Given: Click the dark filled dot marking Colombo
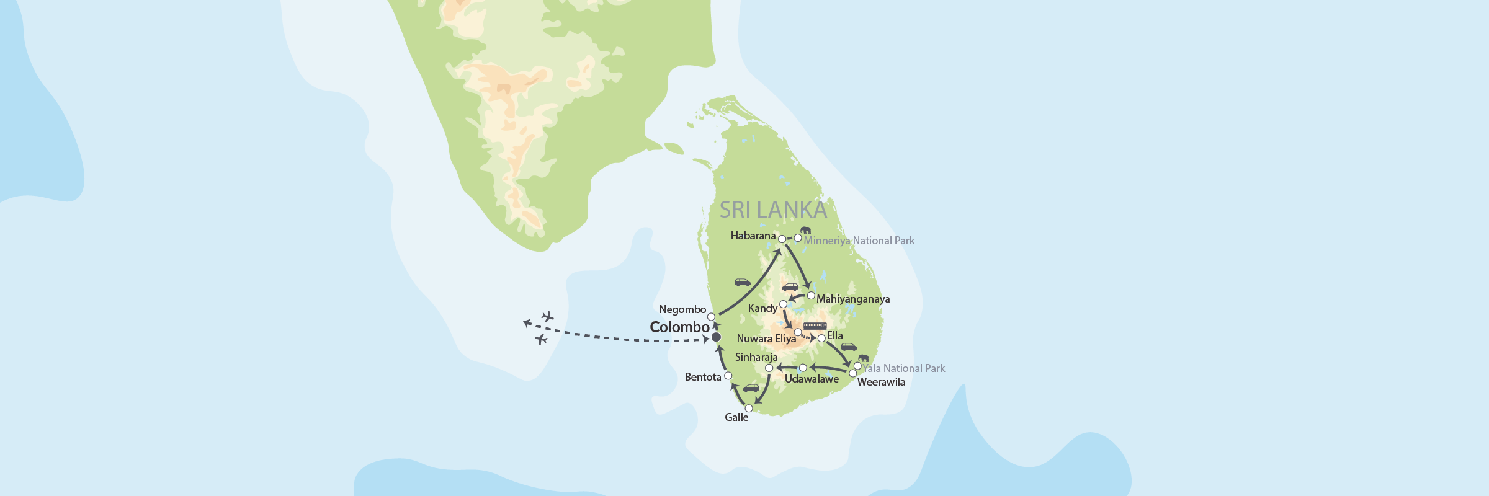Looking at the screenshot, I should tap(716, 337).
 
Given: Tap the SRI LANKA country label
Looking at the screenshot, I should tap(773, 210).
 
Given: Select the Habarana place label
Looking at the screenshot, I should tap(753, 236).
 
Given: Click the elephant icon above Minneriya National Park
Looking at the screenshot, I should tap(805, 230).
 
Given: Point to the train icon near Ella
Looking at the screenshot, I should tap(815, 326).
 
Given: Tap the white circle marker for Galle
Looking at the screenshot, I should tap(749, 408).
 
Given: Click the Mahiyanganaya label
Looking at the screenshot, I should tap(852, 299).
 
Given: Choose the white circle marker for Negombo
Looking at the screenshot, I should tap(711, 317).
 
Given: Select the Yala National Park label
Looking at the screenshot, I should tap(904, 368).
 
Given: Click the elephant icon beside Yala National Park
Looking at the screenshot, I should tap(863, 358).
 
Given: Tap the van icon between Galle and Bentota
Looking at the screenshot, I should tap(751, 388).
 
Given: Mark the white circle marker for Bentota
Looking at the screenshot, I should tap(728, 376).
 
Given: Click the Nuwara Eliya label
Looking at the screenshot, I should tap(766, 339).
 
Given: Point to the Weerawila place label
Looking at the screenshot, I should tap(881, 382).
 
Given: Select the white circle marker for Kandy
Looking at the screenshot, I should tap(783, 304).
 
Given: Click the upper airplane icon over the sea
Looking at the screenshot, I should tap(547, 317).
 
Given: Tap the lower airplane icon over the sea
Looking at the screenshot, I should tap(541, 339).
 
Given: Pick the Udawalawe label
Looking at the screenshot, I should tap(812, 379).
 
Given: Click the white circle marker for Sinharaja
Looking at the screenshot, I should tap(769, 368).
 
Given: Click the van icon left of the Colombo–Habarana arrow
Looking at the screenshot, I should tap(743, 282).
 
